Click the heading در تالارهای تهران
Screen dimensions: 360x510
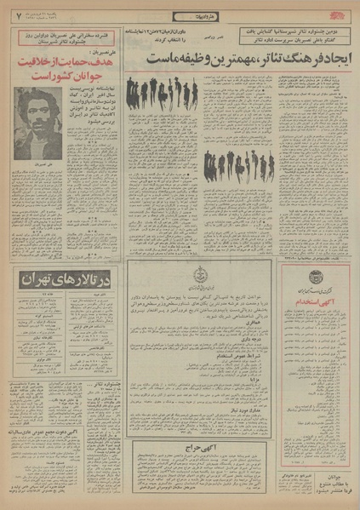tap(68, 304)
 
